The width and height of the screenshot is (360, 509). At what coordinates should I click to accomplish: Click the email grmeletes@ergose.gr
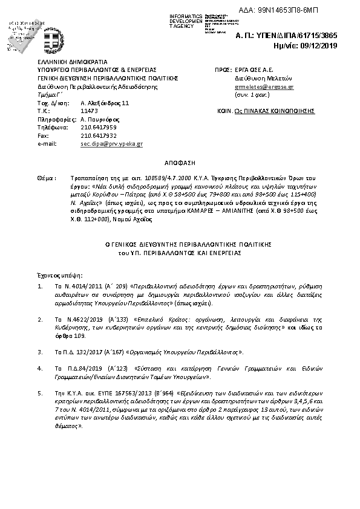coord(264,87)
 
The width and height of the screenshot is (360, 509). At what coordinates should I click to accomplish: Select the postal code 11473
coord(89,111)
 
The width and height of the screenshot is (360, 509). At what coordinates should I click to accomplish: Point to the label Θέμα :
coord(47,179)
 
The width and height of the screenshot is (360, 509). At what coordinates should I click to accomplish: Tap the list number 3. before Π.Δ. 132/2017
coord(40,351)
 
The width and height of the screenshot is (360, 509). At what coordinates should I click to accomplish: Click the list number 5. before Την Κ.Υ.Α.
coord(40,392)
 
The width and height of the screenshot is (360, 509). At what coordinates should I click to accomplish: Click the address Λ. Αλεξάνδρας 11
coord(105,103)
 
